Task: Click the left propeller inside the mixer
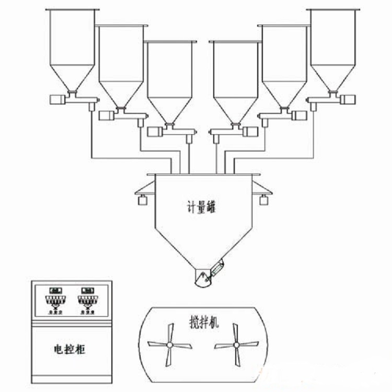pyautogui.click(x=169, y=344)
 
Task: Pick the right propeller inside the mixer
pyautogui.click(x=237, y=344)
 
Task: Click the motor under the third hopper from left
pyautogui.click(x=154, y=132)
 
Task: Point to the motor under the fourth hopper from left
pyautogui.click(x=249, y=132)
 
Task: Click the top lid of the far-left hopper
pyautogui.click(x=72, y=10)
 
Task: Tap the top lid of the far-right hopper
pyautogui.click(x=333, y=10)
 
